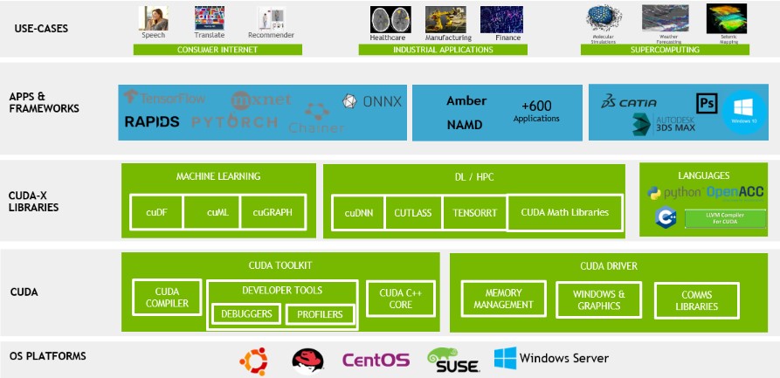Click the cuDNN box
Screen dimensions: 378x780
pos(359,212)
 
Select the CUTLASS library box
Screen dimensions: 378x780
pos(413,212)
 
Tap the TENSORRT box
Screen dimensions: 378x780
pos(473,212)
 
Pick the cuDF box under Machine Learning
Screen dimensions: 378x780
pos(156,211)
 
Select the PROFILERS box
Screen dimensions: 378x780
pos(320,314)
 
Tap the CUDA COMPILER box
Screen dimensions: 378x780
pos(166,298)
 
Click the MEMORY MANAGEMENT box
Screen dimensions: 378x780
pos(503,299)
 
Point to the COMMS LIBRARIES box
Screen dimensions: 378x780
pos(696,300)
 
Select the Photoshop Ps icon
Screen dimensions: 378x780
pos(707,103)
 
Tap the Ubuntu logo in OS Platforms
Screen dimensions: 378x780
pos(253,359)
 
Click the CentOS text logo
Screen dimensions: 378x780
pos(375,359)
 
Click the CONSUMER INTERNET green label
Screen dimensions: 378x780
pos(217,50)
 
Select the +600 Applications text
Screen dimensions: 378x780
pos(536,111)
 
